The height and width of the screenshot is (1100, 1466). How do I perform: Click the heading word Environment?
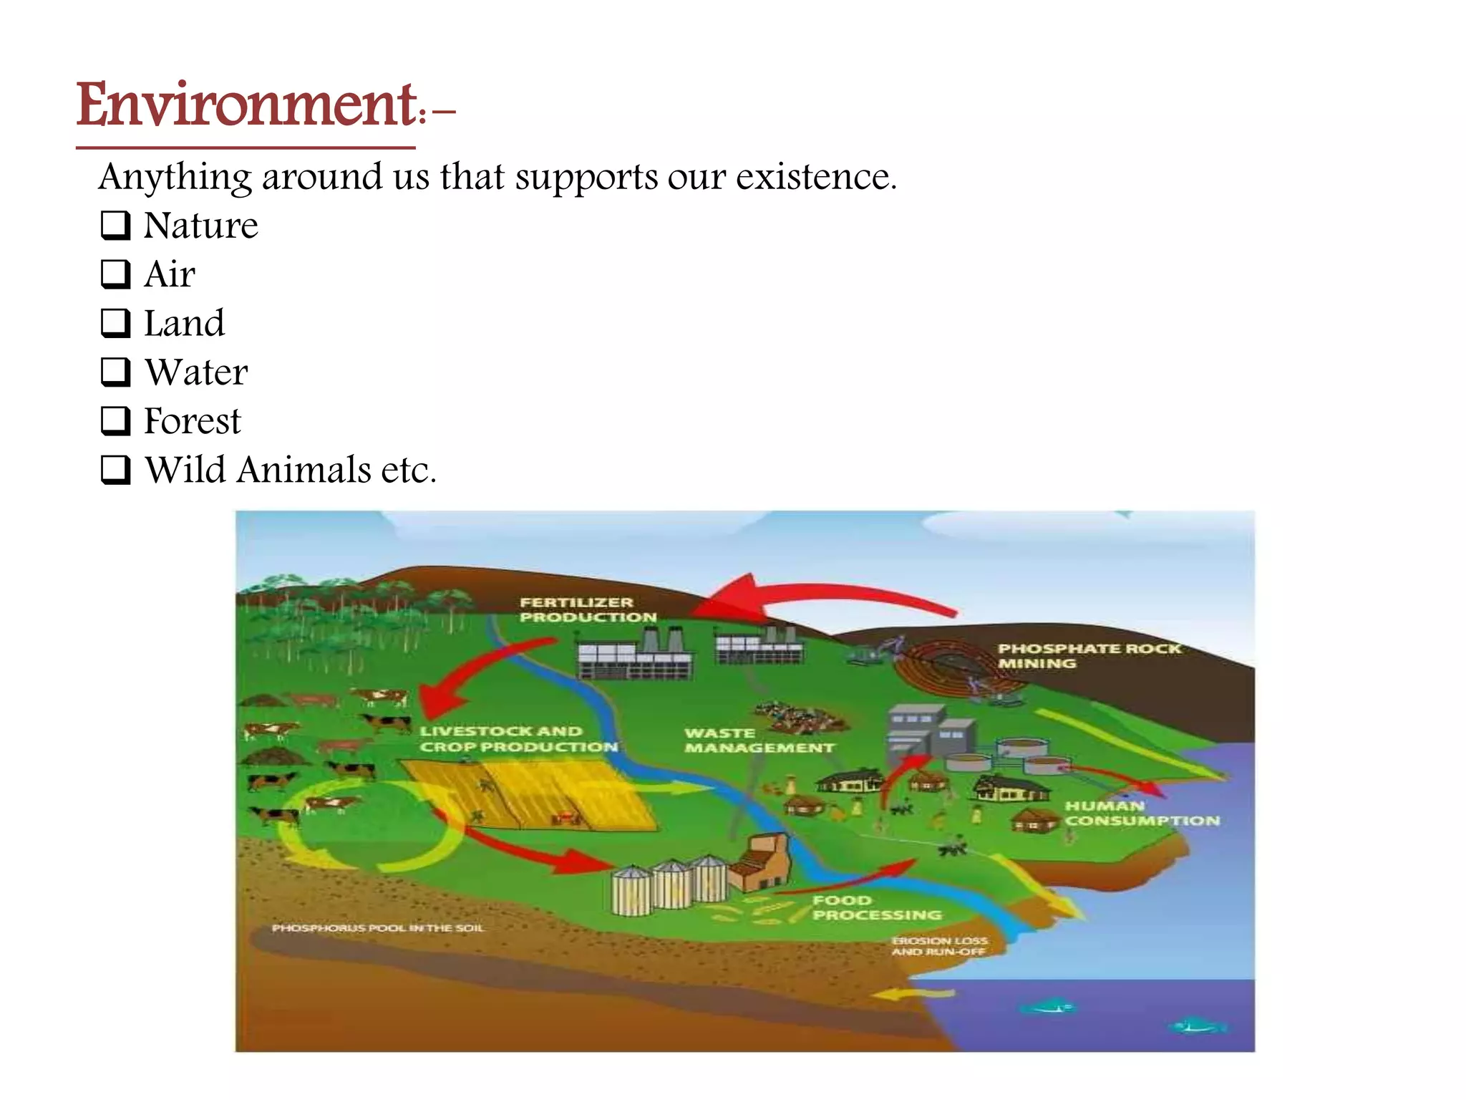coord(247,105)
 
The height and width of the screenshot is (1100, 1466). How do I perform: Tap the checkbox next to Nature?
coord(115,225)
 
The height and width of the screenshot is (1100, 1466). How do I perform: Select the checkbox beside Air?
coord(115,274)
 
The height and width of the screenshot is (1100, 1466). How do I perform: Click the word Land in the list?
coord(184,323)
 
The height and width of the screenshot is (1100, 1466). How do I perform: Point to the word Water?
coord(196,372)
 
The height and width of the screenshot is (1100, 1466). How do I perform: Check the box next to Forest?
coord(115,420)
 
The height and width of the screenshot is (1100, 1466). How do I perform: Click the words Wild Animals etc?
coord(290,470)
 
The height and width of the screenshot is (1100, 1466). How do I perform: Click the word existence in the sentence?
coord(816,176)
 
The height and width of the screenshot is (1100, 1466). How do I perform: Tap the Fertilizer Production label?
coord(587,609)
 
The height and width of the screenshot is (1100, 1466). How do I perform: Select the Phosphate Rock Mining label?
coord(1088,655)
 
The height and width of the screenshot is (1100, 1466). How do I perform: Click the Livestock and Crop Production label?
coord(518,738)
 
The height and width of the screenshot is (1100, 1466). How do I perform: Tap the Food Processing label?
coord(876,907)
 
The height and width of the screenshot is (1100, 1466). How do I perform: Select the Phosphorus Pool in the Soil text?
coord(378,928)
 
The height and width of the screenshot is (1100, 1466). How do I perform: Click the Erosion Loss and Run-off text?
coord(939,945)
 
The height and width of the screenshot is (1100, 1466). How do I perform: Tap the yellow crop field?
coord(530,795)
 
